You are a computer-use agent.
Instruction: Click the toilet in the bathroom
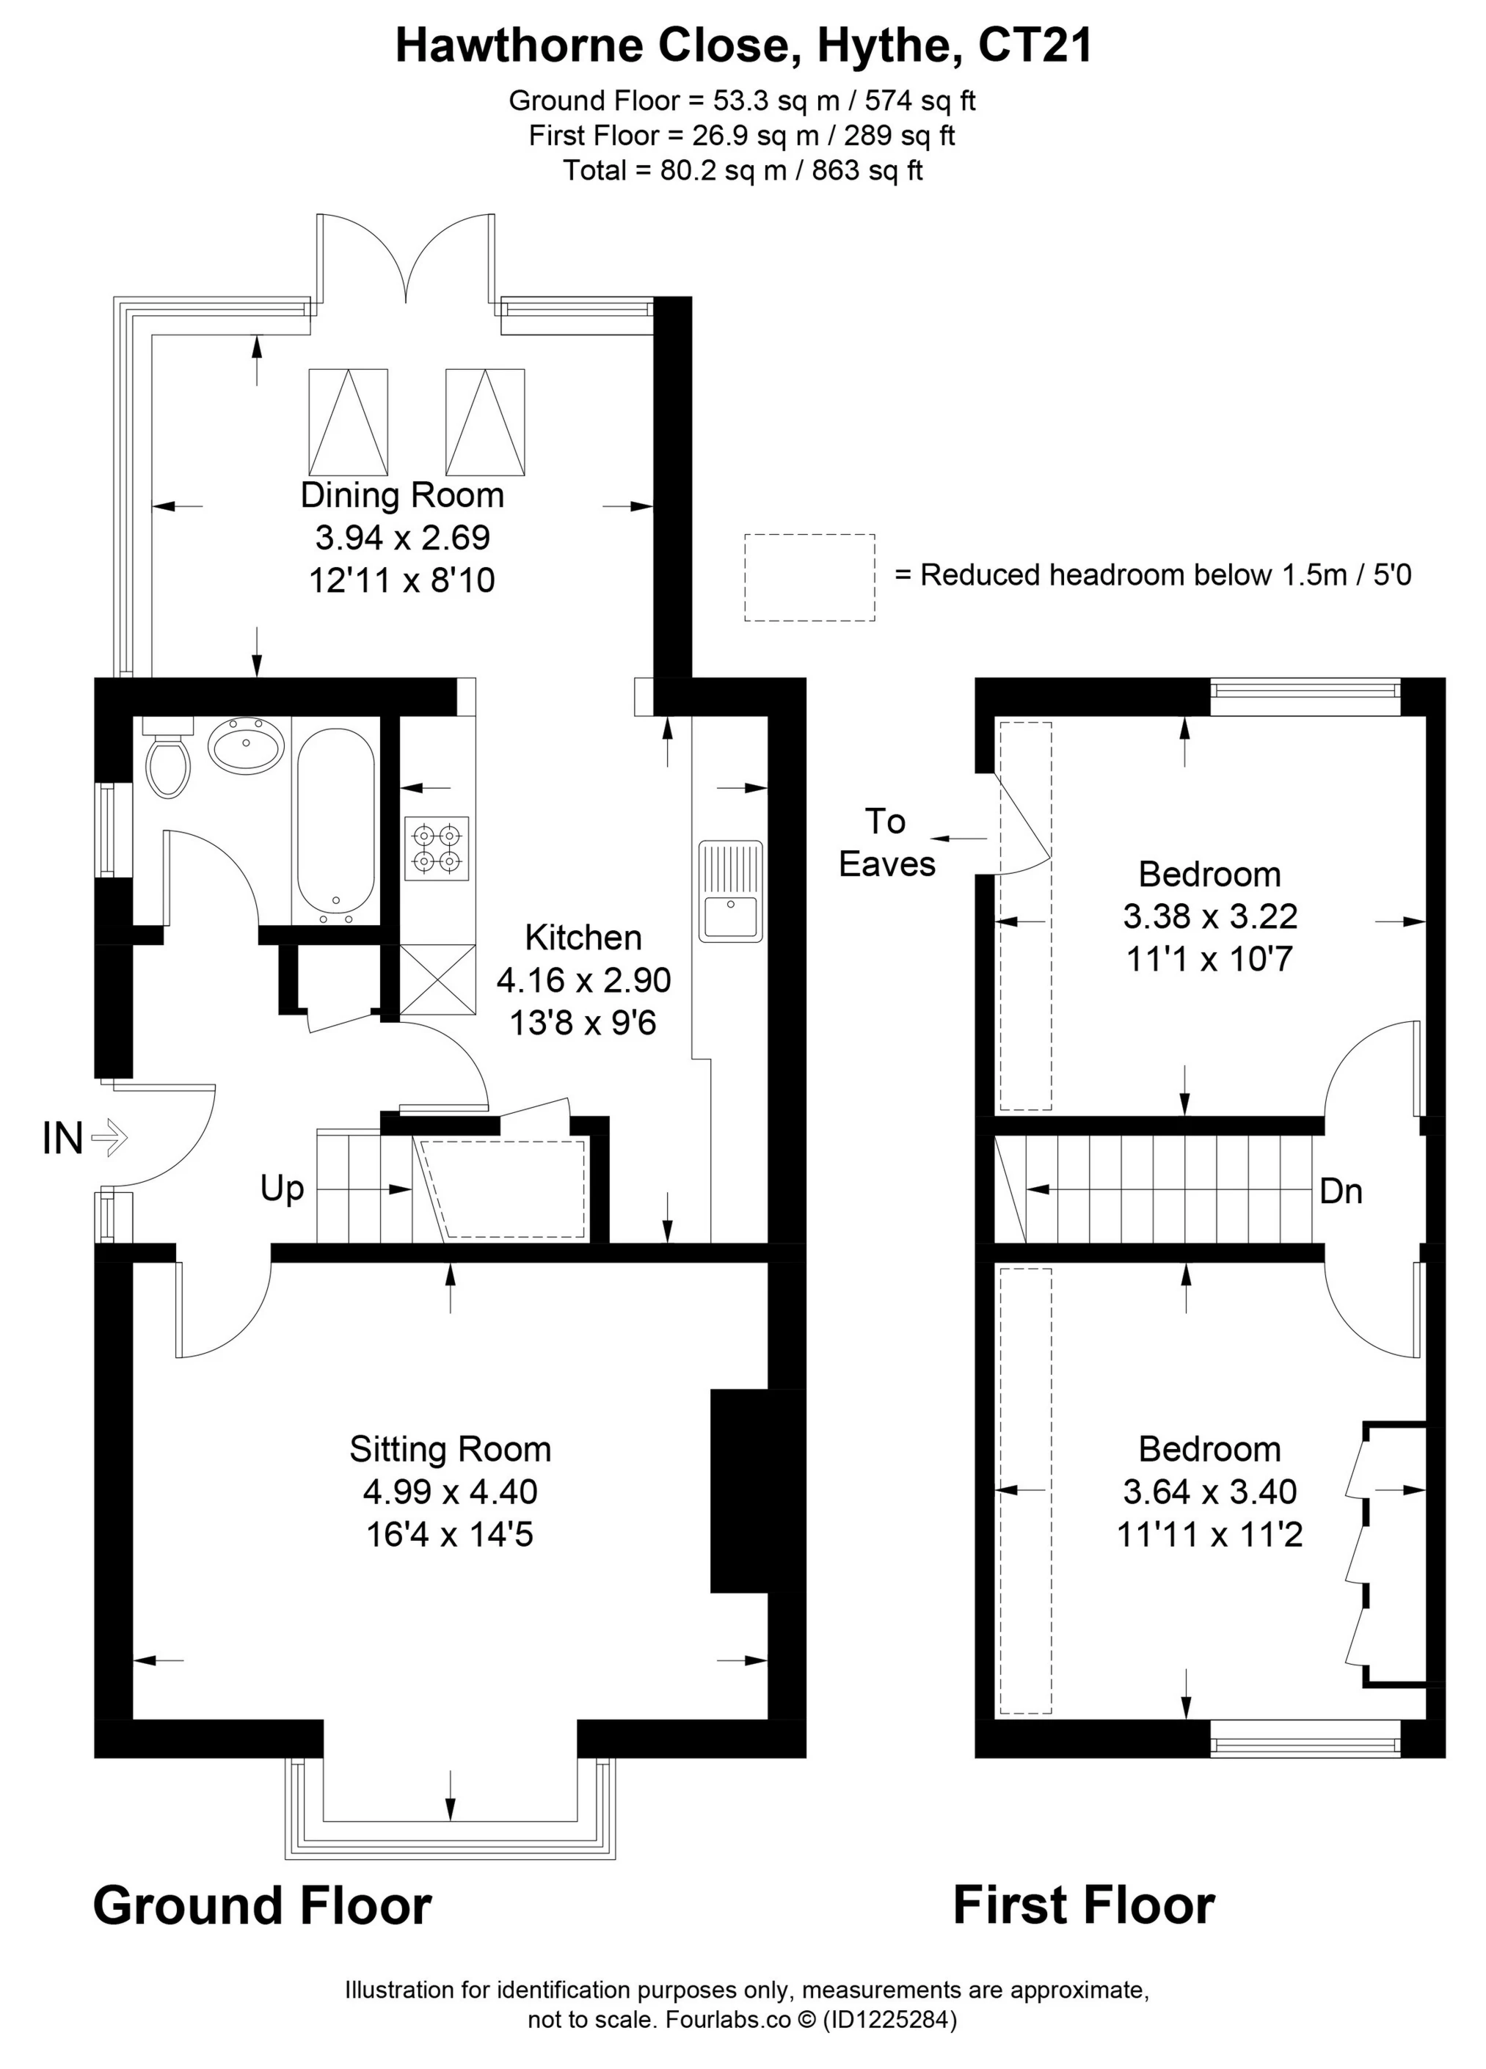[x=168, y=762]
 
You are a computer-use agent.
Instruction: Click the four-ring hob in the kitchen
[x=437, y=847]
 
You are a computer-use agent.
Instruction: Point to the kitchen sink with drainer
[x=729, y=891]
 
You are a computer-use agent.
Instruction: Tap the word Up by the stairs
[x=282, y=1189]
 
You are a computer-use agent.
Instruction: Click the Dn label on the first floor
[x=1340, y=1192]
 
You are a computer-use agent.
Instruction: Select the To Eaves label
[x=886, y=843]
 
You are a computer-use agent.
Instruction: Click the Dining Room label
[x=402, y=495]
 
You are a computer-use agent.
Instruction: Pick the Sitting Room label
[x=451, y=1450]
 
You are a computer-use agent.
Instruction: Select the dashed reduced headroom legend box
[x=809, y=577]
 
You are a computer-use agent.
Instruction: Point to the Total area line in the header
[x=743, y=171]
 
